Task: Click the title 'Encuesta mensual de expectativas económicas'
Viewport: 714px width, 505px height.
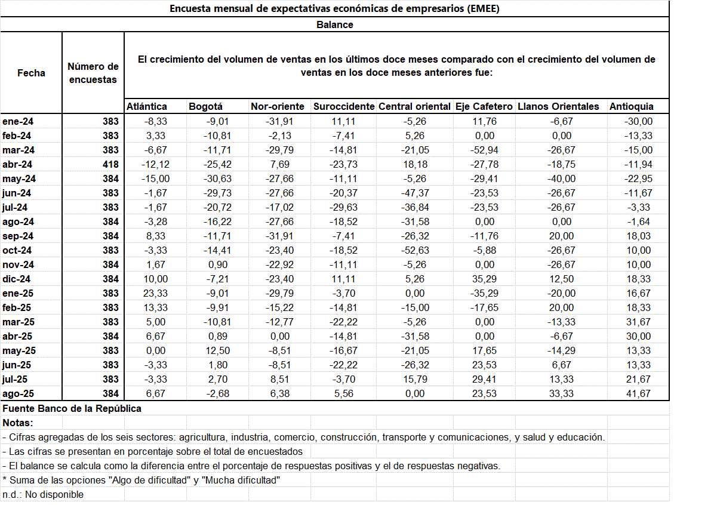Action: coord(334,8)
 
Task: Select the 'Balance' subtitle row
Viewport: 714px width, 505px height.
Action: coord(334,24)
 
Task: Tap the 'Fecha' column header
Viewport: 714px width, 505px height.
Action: coord(31,73)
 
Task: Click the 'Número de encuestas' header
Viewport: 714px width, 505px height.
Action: coord(93,73)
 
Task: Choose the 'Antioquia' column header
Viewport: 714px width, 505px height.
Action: coord(631,107)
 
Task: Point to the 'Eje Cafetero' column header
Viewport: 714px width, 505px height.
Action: coord(484,107)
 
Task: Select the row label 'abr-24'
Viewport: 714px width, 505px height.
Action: coord(17,164)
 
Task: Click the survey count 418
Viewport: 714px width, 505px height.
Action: coord(111,164)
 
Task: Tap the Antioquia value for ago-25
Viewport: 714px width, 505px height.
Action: coord(638,393)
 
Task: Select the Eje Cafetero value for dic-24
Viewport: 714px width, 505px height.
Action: coord(485,279)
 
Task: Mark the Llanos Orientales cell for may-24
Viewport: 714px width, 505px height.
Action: coord(562,178)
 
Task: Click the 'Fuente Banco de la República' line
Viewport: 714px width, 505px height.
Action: coord(72,409)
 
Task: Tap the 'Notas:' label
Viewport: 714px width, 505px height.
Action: coord(18,423)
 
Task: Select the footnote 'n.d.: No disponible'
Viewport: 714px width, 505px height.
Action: coord(43,495)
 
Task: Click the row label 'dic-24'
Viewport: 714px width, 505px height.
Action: coord(17,279)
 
